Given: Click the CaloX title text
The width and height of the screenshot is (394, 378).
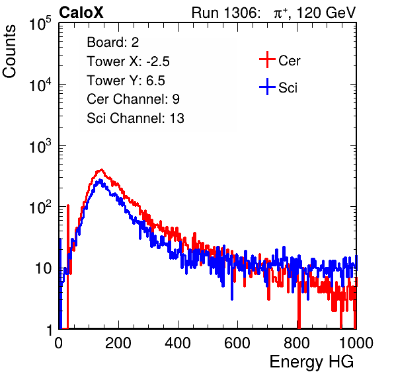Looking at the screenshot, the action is pyautogui.click(x=81, y=13).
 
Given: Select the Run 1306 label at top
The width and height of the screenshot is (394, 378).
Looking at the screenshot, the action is pyautogui.click(x=225, y=13).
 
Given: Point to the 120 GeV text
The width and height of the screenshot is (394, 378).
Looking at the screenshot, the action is pyautogui.click(x=326, y=13).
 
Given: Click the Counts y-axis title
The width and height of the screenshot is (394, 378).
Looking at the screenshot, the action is pyautogui.click(x=9, y=52).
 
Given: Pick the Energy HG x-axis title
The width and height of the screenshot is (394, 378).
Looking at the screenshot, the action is pyautogui.click(x=311, y=362).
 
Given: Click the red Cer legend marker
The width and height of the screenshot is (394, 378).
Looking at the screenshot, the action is pyautogui.click(x=267, y=59).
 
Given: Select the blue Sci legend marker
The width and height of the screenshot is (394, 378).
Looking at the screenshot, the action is pyautogui.click(x=267, y=87).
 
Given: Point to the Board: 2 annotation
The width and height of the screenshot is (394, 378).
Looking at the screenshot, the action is pyautogui.click(x=113, y=42).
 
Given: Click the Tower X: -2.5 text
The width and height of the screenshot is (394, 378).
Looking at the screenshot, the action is pyautogui.click(x=128, y=61).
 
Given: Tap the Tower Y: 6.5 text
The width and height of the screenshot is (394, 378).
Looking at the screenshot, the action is pyautogui.click(x=126, y=81).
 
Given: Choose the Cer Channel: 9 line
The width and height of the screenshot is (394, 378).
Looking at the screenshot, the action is pyautogui.click(x=133, y=99).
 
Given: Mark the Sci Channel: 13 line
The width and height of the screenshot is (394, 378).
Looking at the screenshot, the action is pyautogui.click(x=136, y=118).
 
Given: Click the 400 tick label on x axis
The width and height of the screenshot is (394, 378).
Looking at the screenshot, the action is pyautogui.click(x=178, y=343).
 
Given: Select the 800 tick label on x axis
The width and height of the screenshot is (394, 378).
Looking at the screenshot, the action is pyautogui.click(x=297, y=343).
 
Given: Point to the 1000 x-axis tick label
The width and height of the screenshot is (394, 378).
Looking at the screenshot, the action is pyautogui.click(x=356, y=343).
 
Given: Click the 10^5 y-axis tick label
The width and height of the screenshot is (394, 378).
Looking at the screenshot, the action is pyautogui.click(x=40, y=23).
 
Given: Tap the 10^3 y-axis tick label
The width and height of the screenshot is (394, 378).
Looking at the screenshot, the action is pyautogui.click(x=40, y=145).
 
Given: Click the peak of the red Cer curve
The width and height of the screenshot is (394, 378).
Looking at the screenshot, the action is pyautogui.click(x=101, y=170).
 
